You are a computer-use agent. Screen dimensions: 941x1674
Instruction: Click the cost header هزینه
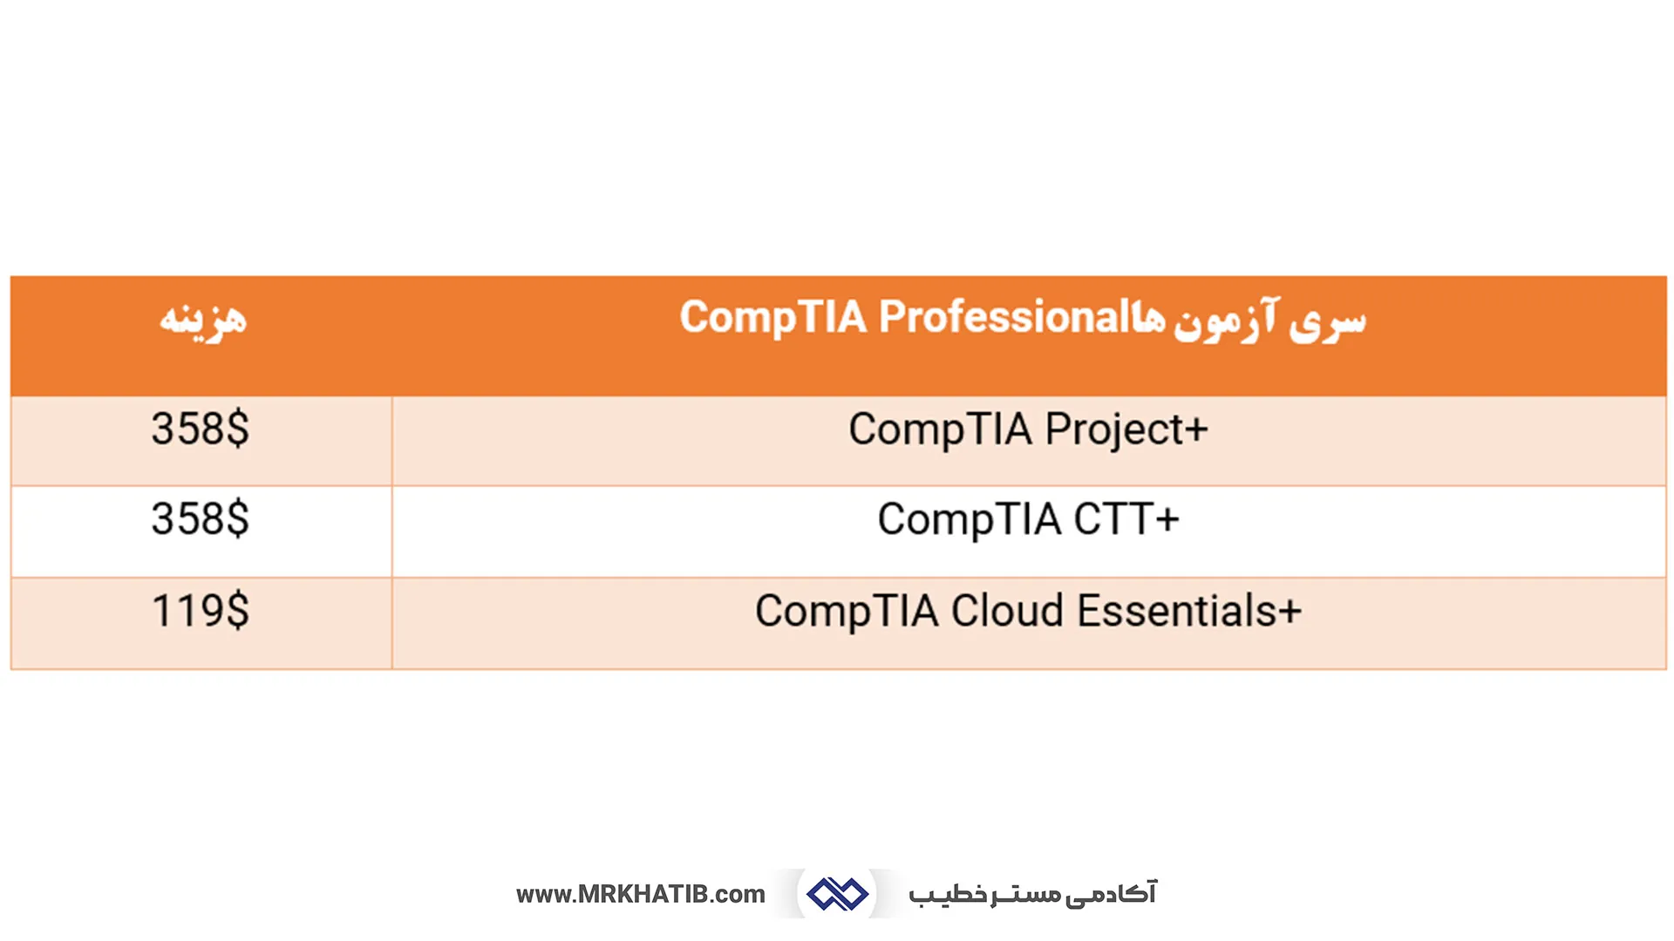click(203, 319)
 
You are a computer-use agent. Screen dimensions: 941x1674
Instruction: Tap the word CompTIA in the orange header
click(772, 317)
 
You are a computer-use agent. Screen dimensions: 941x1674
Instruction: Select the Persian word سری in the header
click(1328, 321)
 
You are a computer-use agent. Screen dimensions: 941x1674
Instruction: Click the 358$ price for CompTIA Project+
click(200, 429)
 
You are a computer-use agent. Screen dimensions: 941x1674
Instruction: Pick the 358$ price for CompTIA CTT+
click(200, 519)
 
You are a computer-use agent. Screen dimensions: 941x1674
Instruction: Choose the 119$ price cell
click(200, 611)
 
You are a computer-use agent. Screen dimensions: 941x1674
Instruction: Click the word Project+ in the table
click(1126, 430)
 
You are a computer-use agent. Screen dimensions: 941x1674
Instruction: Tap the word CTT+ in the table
click(1126, 520)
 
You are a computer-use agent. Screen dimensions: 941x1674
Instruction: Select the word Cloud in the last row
click(1007, 611)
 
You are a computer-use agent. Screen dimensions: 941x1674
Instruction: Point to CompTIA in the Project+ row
click(940, 430)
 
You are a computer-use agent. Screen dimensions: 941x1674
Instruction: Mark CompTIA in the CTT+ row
click(969, 520)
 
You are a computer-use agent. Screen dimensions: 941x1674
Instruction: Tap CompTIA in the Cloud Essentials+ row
click(847, 611)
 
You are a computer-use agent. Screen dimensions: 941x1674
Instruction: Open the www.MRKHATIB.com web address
click(640, 894)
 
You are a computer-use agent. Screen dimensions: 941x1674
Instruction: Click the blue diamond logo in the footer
click(837, 894)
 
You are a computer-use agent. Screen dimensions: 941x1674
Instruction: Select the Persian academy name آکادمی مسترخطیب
click(1032, 894)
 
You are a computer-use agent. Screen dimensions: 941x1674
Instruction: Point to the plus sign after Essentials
click(1290, 612)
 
